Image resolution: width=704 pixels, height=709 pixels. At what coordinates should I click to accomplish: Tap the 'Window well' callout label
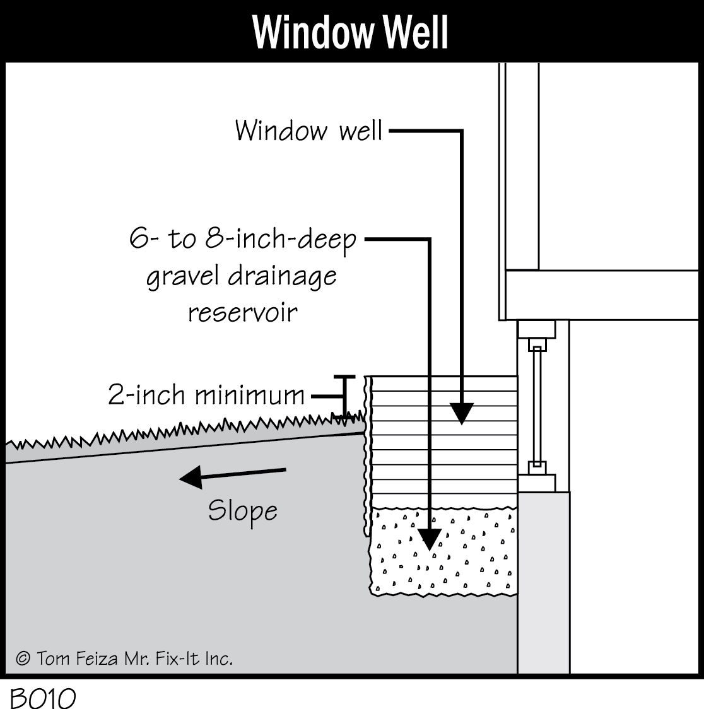(308, 131)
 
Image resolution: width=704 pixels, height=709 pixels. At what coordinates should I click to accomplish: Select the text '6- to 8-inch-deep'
(243, 240)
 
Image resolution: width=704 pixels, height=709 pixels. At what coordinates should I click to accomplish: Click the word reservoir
(243, 312)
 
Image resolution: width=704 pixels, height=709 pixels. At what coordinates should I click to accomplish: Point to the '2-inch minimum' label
(206, 396)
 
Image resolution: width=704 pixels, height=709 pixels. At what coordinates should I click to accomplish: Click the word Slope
(243, 511)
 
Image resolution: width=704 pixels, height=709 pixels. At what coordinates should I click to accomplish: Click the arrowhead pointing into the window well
(462, 413)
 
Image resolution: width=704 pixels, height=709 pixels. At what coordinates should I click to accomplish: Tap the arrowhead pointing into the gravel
(430, 539)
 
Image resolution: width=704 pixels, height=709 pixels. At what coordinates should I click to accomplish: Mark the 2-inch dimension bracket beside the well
(344, 396)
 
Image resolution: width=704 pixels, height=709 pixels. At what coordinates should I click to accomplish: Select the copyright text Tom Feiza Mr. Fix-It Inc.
(125, 659)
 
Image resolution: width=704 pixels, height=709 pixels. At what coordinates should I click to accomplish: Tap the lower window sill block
(536, 483)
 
